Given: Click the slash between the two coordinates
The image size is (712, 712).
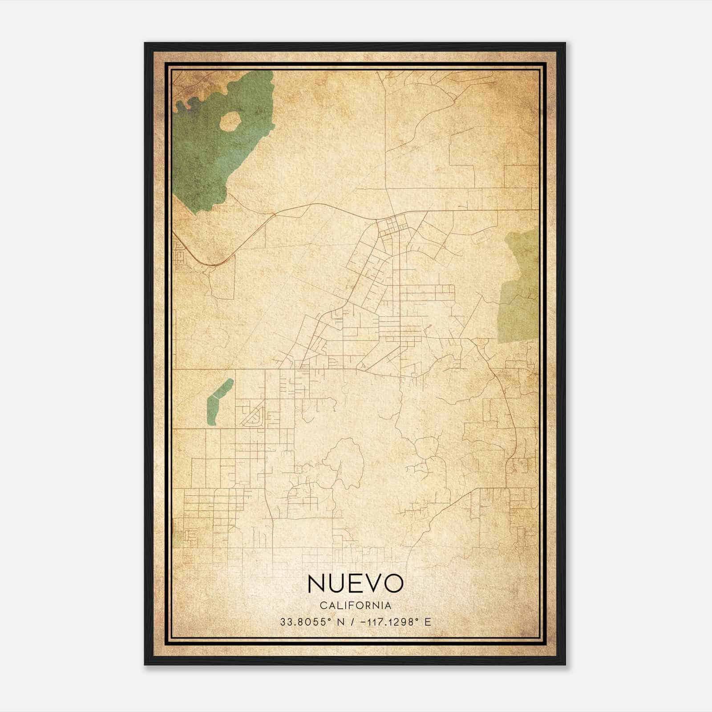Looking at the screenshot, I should (x=352, y=622).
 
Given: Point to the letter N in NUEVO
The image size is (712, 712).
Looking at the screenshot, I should (x=316, y=583).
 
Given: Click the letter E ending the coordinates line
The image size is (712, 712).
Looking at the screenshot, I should (x=428, y=622).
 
